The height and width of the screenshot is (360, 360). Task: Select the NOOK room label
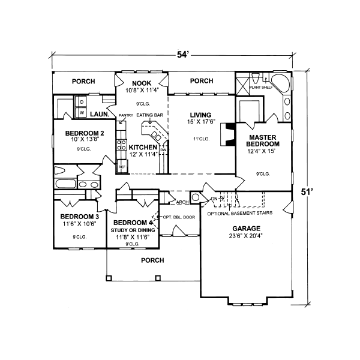(142, 83)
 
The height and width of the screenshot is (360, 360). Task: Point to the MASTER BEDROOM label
(263, 141)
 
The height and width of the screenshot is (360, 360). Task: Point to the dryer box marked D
(82, 102)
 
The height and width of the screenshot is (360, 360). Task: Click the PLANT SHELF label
(260, 87)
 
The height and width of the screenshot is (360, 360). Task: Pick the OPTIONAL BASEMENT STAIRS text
(240, 213)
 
